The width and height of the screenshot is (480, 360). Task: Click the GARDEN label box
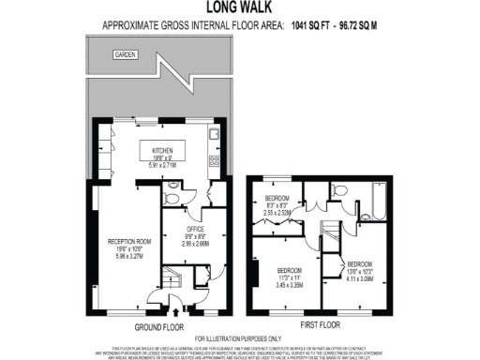(x=125, y=55)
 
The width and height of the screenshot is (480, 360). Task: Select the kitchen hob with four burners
(x=216, y=158)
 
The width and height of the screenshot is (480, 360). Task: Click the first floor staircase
(x=329, y=233)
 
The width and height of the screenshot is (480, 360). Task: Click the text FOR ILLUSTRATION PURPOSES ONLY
(x=239, y=338)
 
